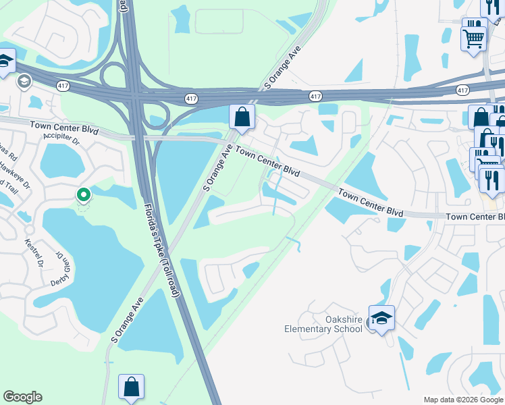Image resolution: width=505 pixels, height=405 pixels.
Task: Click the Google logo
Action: point(22,397)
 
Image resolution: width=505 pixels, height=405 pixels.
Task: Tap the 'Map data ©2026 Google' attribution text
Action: point(463,400)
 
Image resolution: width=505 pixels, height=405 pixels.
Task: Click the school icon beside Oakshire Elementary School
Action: point(381,318)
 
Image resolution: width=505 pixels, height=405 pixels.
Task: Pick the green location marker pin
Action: point(84,195)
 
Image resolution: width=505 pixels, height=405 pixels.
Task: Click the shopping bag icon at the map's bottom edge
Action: point(131,387)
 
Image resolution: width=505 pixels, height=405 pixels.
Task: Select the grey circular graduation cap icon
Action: point(24,82)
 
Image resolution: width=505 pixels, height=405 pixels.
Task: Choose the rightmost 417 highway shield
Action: point(462,90)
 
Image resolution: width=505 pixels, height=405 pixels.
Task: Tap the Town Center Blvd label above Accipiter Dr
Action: point(64,126)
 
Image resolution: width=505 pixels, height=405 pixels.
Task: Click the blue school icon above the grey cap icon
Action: point(5,61)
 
